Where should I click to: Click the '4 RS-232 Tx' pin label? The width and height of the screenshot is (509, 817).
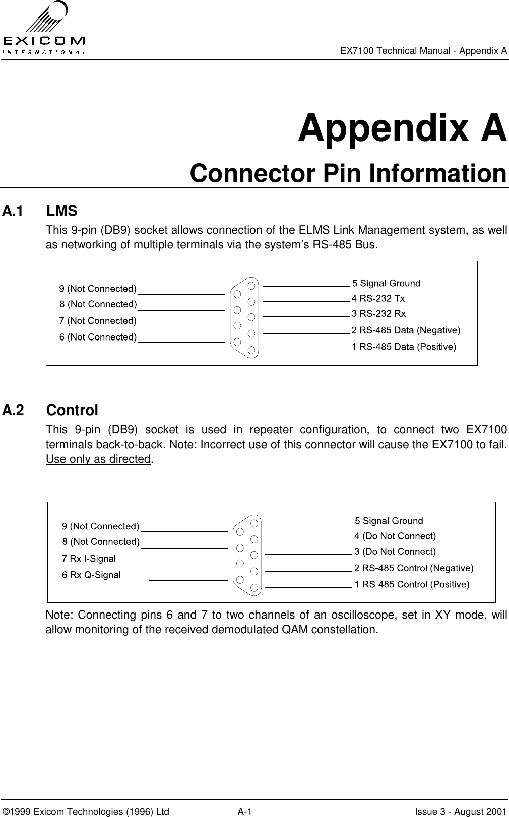(378, 298)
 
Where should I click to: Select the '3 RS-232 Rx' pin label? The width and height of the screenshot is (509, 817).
(378, 314)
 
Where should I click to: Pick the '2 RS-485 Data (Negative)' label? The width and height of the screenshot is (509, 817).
(406, 330)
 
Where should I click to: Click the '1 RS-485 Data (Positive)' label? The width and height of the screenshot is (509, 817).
(404, 347)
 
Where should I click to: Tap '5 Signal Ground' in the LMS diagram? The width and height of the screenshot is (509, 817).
(386, 283)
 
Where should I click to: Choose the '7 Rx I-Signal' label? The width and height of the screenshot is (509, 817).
(89, 558)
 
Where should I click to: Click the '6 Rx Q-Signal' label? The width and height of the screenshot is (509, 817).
(91, 575)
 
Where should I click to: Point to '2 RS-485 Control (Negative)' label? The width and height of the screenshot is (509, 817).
(414, 568)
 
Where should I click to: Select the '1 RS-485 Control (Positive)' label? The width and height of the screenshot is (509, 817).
(412, 584)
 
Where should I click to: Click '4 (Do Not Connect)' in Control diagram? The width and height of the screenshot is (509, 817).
(395, 536)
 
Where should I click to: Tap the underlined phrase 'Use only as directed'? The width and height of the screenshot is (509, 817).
(98, 459)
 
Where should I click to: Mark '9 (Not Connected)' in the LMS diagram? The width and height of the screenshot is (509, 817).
(98, 289)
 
